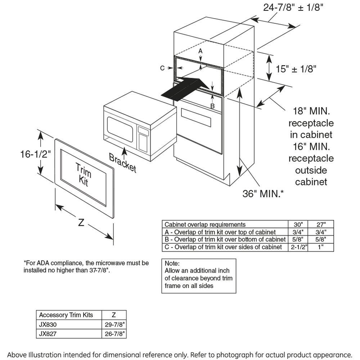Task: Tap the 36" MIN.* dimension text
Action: point(263,194)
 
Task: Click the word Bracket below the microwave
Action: point(123,163)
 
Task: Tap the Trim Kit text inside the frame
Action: point(82,174)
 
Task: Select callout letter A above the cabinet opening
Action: point(201,51)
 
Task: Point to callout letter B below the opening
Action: point(212,106)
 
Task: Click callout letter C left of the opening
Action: point(162,68)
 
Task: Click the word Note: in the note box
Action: point(172,264)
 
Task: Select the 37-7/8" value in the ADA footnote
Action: point(97,270)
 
